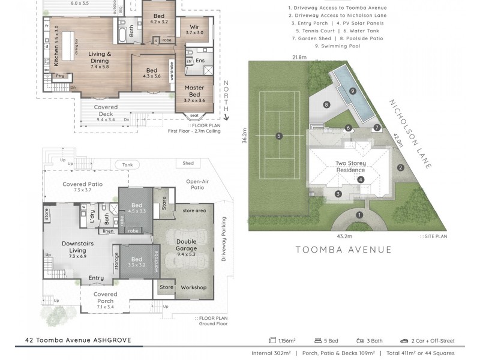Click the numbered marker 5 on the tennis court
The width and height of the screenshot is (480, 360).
point(280,136)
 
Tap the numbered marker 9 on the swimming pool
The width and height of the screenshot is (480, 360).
point(353,91)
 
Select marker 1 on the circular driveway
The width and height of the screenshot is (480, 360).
point(359,214)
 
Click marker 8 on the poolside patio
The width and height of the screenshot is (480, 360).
point(326,105)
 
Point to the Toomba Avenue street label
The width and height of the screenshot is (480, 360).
point(344,250)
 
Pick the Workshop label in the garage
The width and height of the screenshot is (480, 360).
point(193,287)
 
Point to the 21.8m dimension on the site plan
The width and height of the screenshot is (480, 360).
point(300,58)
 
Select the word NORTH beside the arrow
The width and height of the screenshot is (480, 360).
point(226,97)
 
